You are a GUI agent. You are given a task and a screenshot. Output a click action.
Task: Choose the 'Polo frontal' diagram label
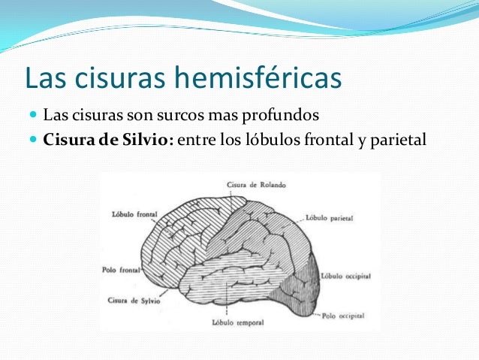tap(120, 268)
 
